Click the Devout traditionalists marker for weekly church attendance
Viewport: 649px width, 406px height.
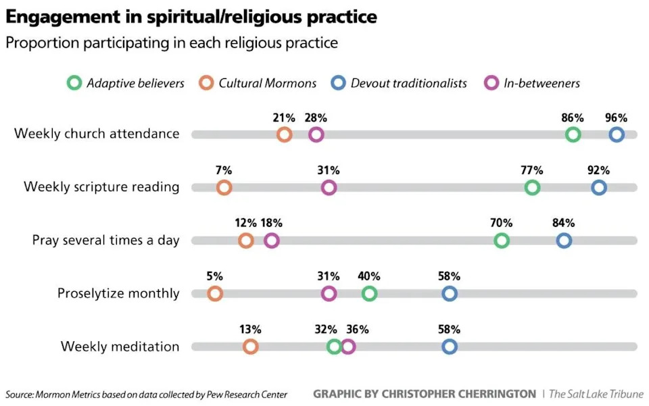[x=616, y=134]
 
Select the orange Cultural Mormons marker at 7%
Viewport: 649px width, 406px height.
[x=224, y=188]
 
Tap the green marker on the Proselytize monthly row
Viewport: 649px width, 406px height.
[x=369, y=293]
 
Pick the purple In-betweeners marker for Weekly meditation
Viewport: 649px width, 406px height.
[x=348, y=347]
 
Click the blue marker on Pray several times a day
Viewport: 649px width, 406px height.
[x=564, y=240]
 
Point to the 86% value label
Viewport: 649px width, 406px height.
[x=573, y=117]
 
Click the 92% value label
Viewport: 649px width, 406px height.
[x=598, y=170]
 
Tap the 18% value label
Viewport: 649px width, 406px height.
[x=271, y=223]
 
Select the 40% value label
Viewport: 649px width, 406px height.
[x=369, y=276]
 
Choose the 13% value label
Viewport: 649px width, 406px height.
[x=250, y=329]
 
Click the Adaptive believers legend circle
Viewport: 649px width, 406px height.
[x=74, y=83]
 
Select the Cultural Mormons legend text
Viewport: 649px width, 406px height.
[x=267, y=83]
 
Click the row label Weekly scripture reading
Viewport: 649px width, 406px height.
[x=101, y=187]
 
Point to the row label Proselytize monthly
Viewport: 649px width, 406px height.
[x=118, y=293]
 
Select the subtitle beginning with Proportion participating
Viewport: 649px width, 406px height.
[x=171, y=43]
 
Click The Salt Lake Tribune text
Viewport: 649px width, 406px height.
[x=596, y=394]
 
